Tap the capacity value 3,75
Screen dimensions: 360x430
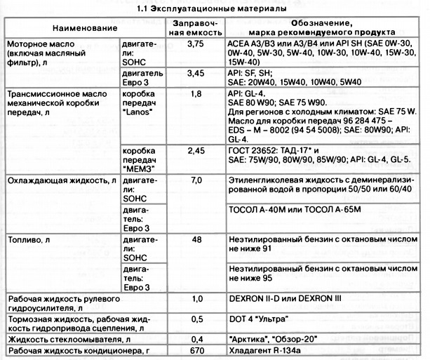coord(194,44)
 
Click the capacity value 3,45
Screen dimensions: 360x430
coord(194,72)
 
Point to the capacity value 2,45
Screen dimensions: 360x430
coord(194,150)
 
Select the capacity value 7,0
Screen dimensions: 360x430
coord(195,180)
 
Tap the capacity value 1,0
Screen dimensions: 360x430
coord(195,300)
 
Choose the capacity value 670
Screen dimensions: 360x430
coord(195,350)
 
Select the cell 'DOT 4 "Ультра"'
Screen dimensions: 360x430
coord(261,319)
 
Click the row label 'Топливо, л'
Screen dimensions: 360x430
coord(28,240)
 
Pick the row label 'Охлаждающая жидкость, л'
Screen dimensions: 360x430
coord(61,180)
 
